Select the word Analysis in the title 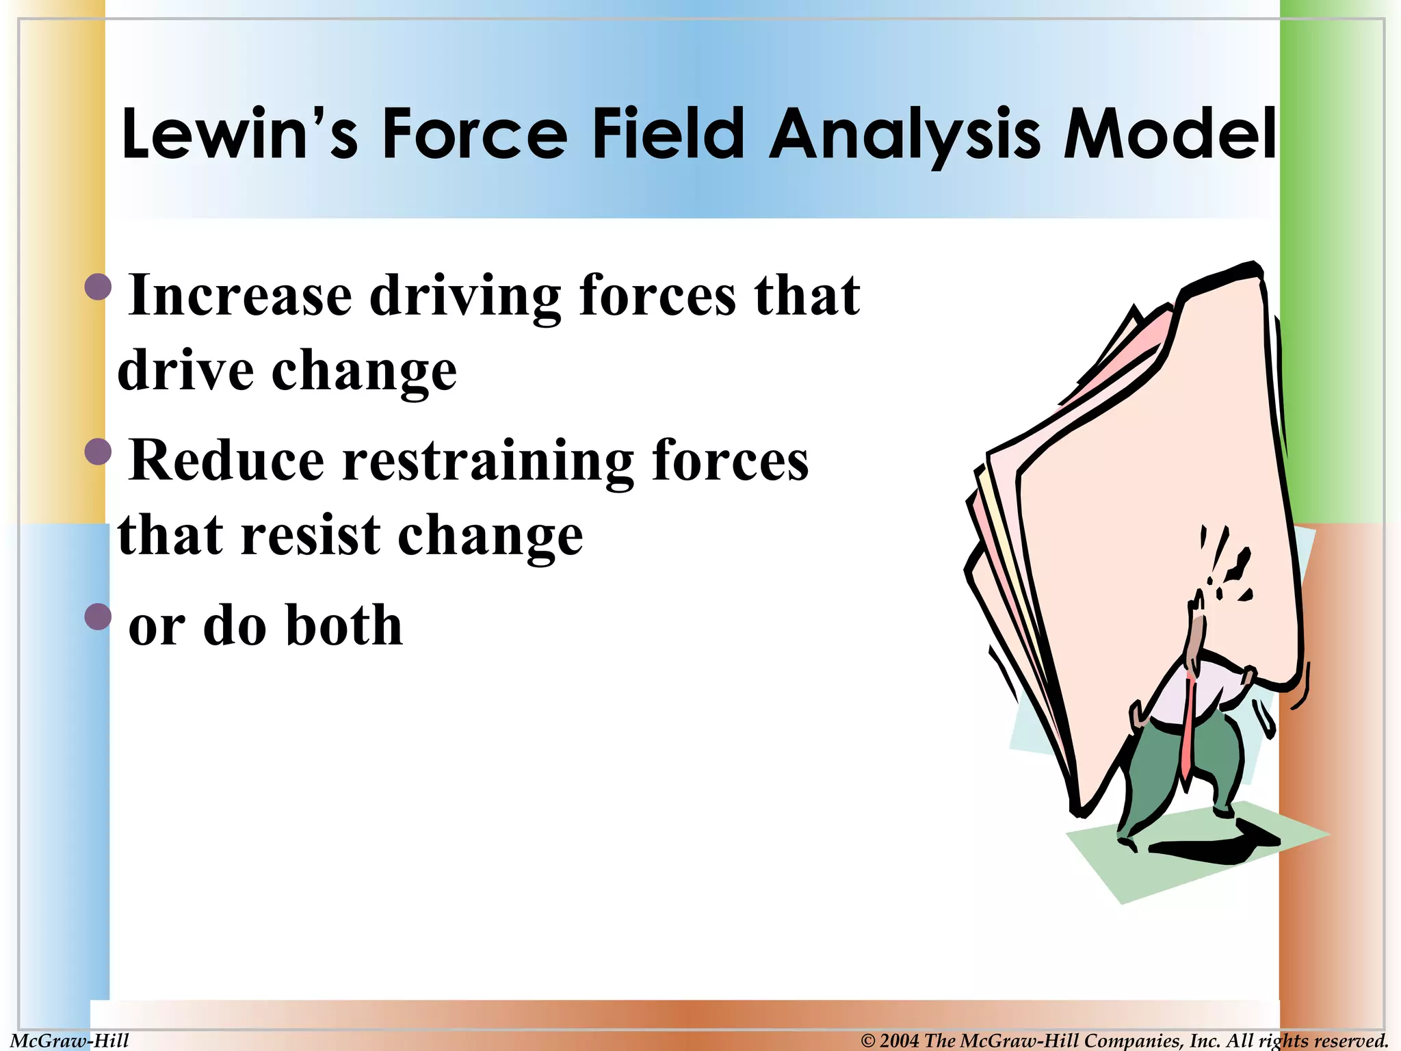pos(904,133)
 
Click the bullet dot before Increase pos(98,287)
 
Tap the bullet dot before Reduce pos(98,452)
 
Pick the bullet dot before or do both pos(98,617)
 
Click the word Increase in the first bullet pos(240,296)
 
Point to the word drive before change pos(186,371)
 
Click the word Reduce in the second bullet pos(226,460)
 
